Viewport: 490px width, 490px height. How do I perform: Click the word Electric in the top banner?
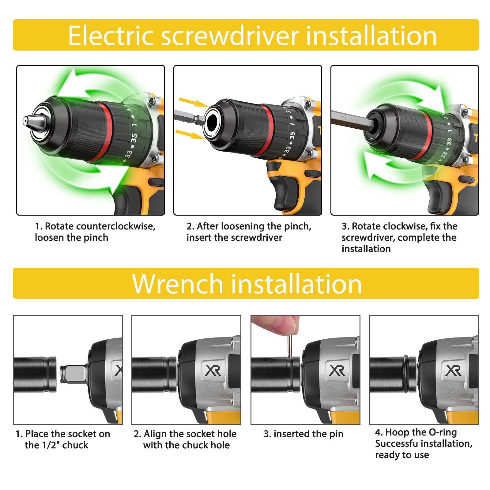(111, 36)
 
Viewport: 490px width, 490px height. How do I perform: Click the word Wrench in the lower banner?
(178, 284)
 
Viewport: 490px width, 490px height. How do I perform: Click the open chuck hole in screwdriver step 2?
(213, 123)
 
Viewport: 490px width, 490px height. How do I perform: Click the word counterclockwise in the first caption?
(116, 226)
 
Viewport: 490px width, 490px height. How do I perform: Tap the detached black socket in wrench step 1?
(35, 375)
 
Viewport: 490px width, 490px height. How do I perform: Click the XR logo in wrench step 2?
(213, 371)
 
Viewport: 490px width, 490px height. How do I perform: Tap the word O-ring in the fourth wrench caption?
(443, 432)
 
